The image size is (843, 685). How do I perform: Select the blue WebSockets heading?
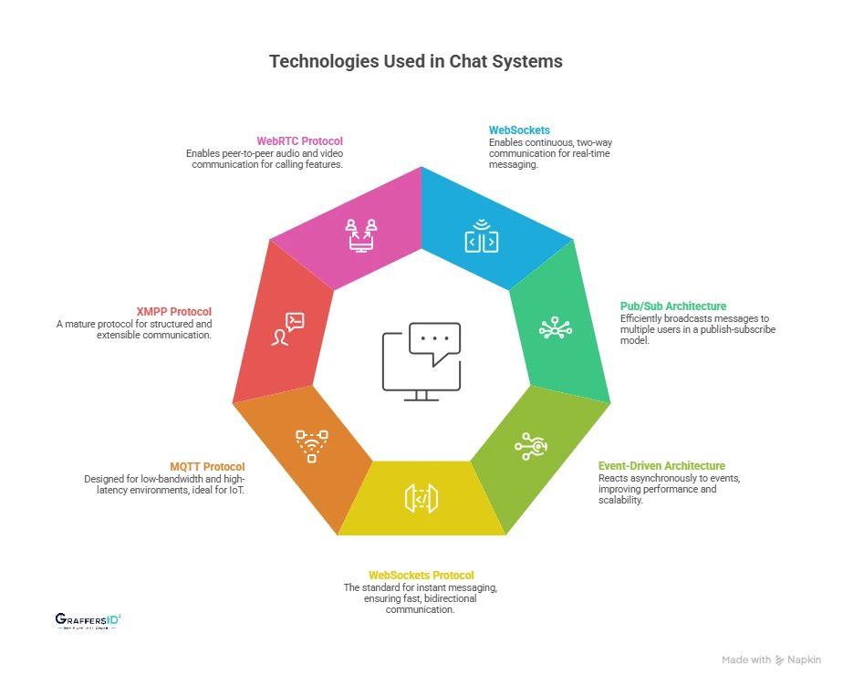click(x=519, y=130)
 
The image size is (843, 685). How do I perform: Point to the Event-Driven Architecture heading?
click(x=661, y=465)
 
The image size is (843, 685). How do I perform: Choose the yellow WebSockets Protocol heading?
click(x=421, y=576)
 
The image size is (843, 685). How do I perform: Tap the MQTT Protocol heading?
click(x=209, y=466)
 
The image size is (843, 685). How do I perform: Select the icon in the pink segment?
click(x=362, y=234)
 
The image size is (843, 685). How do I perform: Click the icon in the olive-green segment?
click(x=531, y=444)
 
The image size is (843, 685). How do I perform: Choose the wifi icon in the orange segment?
click(x=311, y=444)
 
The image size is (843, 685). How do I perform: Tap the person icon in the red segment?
click(x=289, y=329)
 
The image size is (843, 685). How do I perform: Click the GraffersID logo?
click(x=88, y=621)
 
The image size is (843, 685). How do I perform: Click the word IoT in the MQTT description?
click(x=237, y=490)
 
